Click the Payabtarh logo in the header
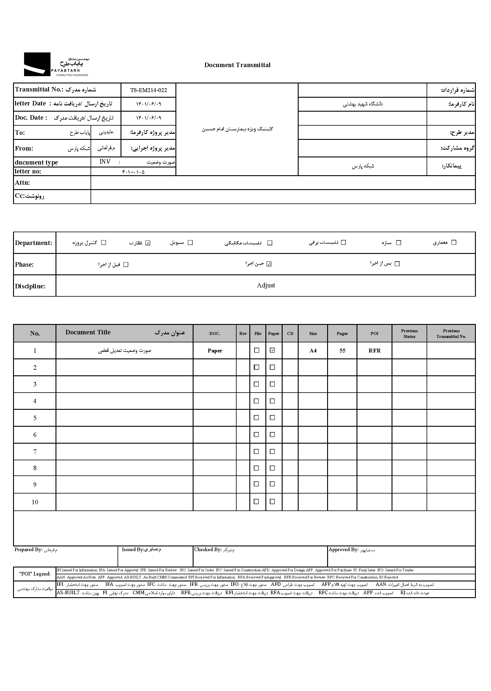pyautogui.click(x=56, y=64)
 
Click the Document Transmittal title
pyautogui.click(x=237, y=65)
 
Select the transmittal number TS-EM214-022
pyautogui.click(x=148, y=90)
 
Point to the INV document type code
pyautogui.click(x=105, y=162)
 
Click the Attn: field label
pyautogui.click(x=22, y=183)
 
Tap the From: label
pyautogui.click(x=24, y=148)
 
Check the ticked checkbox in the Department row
pyautogui.click(x=148, y=243)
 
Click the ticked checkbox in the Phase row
pyautogui.click(x=269, y=264)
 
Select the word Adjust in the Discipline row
pyautogui.click(x=266, y=285)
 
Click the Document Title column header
pyautogui.click(x=88, y=332)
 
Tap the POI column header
pyautogui.click(x=374, y=333)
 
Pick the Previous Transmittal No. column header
pyautogui.click(x=451, y=333)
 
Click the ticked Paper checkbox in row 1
pyautogui.click(x=273, y=350)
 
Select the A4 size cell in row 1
pyautogui.click(x=313, y=351)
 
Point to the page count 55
pyautogui.click(x=342, y=351)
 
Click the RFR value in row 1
pyautogui.click(x=374, y=351)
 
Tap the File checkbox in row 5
pyautogui.click(x=256, y=418)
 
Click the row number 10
pyautogui.click(x=35, y=502)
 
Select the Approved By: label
pyautogui.click(x=343, y=549)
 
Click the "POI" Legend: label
pyautogui.click(x=35, y=574)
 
